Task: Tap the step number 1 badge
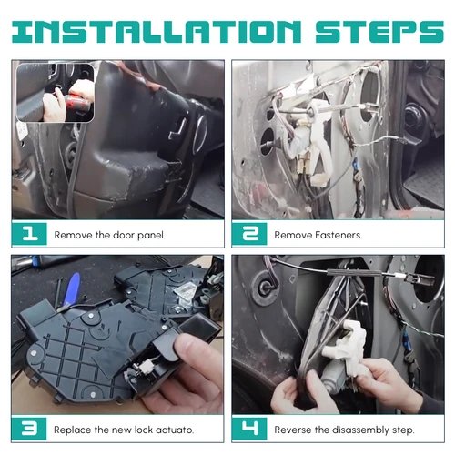tap(29, 234)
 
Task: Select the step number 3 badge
tap(29, 429)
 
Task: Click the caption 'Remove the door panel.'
tap(109, 235)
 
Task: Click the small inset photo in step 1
tap(54, 92)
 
